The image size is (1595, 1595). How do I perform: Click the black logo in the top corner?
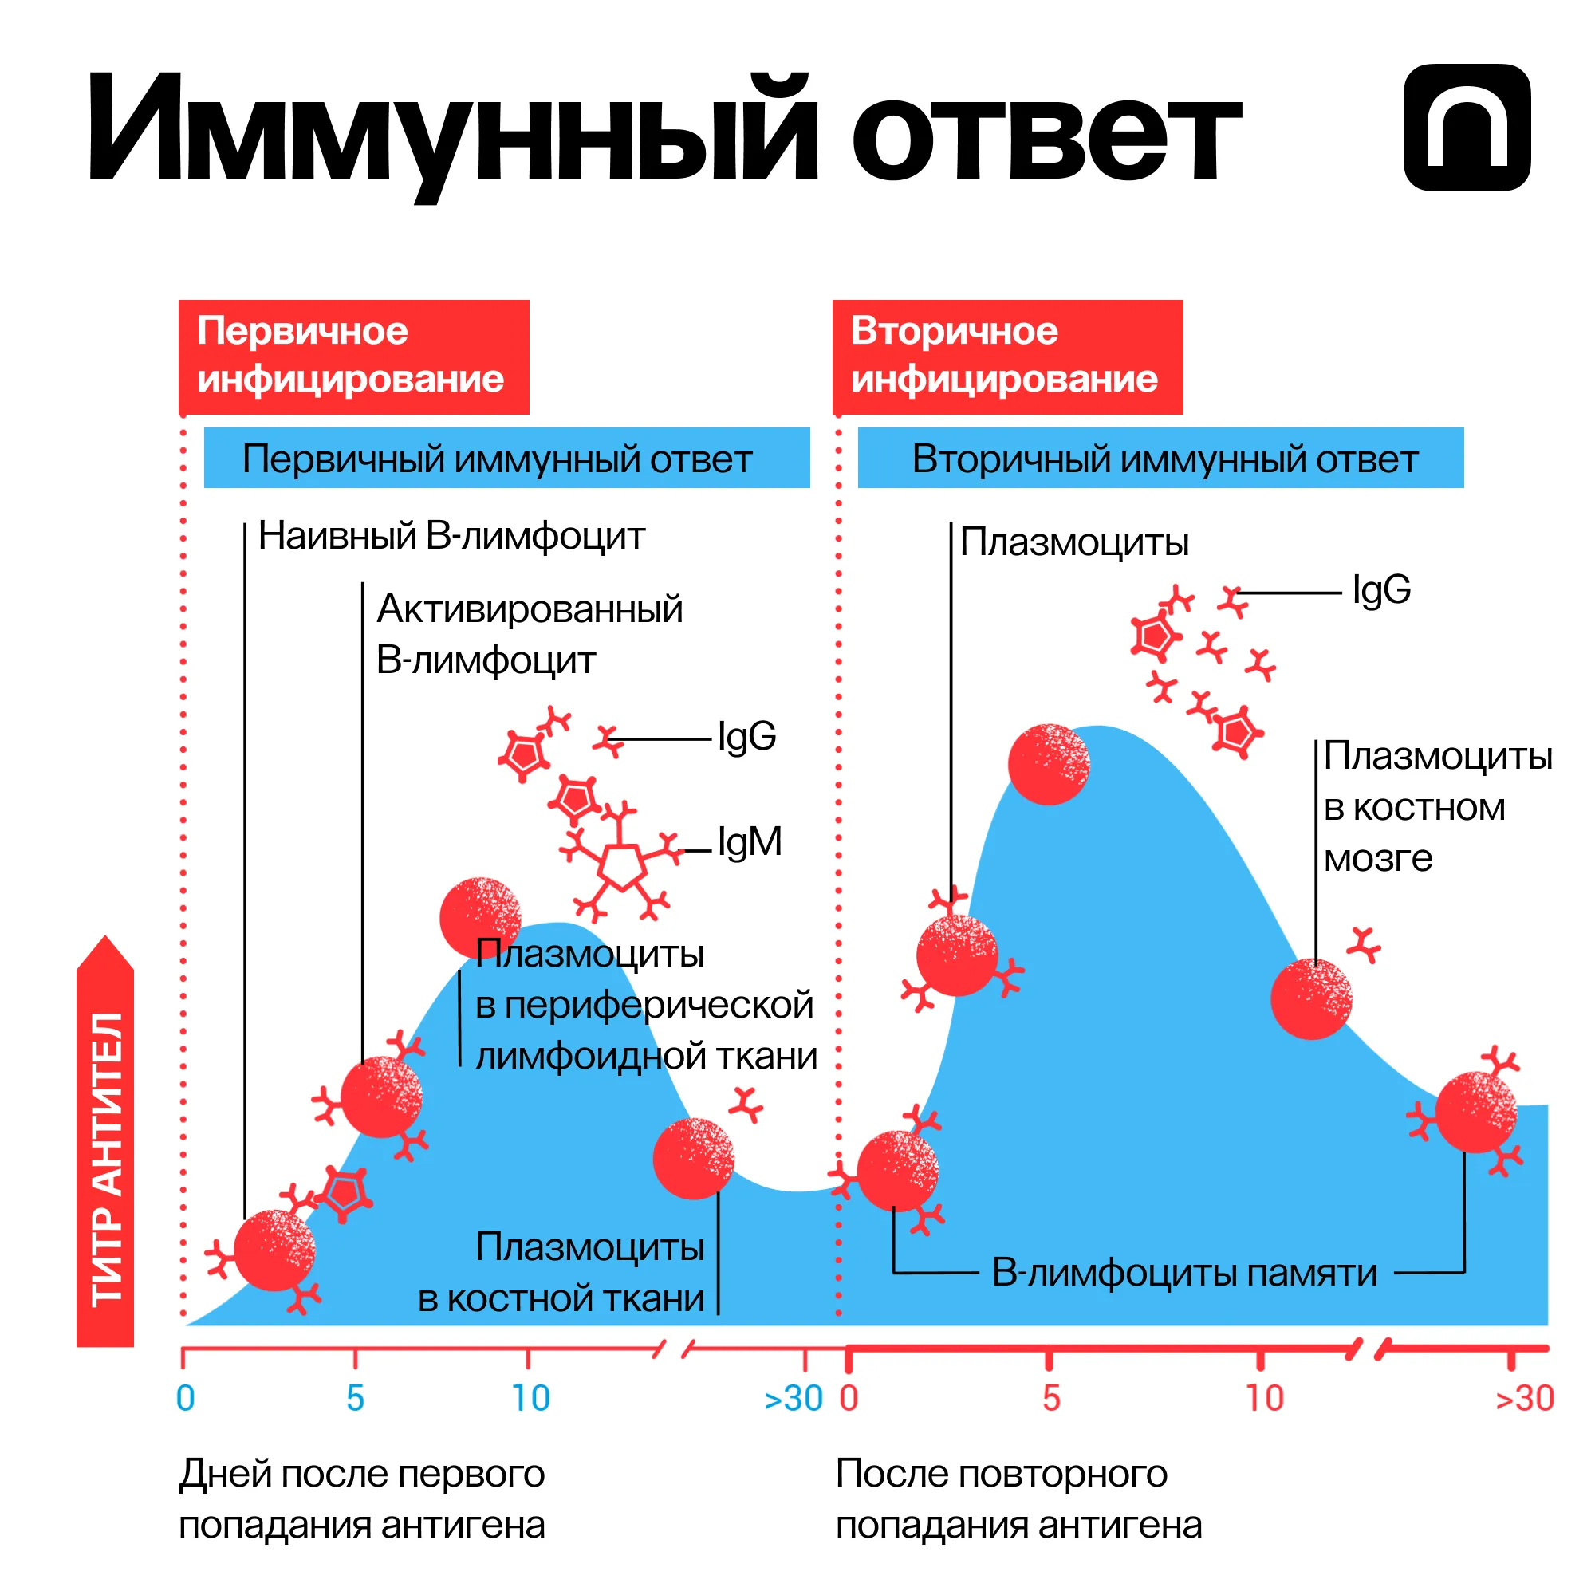click(1467, 128)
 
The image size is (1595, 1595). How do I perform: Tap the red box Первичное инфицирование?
click(353, 356)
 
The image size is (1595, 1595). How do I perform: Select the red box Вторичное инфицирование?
click(1007, 356)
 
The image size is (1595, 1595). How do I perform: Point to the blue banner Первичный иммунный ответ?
click(506, 459)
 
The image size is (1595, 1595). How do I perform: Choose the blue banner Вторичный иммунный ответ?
click(1160, 459)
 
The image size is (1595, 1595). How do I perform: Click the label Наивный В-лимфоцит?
click(451, 536)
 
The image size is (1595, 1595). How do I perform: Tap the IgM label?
click(750, 842)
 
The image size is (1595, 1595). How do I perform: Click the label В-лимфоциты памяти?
click(1183, 1272)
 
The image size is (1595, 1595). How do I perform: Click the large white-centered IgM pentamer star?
click(620, 867)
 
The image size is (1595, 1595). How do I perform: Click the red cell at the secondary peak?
click(1049, 765)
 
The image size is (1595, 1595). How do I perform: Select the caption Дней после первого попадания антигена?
click(361, 1499)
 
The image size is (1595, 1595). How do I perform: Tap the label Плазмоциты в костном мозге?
click(1436, 806)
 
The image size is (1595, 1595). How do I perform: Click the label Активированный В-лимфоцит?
click(529, 635)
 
